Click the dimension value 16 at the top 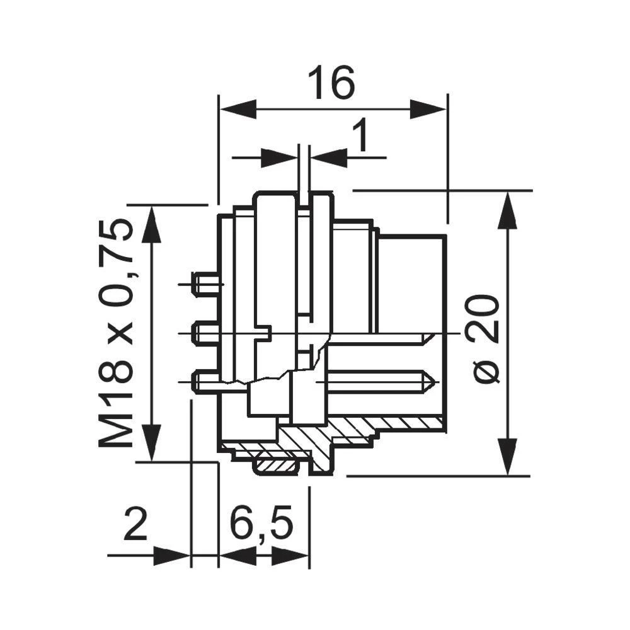click(x=331, y=84)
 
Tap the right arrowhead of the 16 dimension click(x=428, y=109)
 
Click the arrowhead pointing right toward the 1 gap click(x=278, y=157)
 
